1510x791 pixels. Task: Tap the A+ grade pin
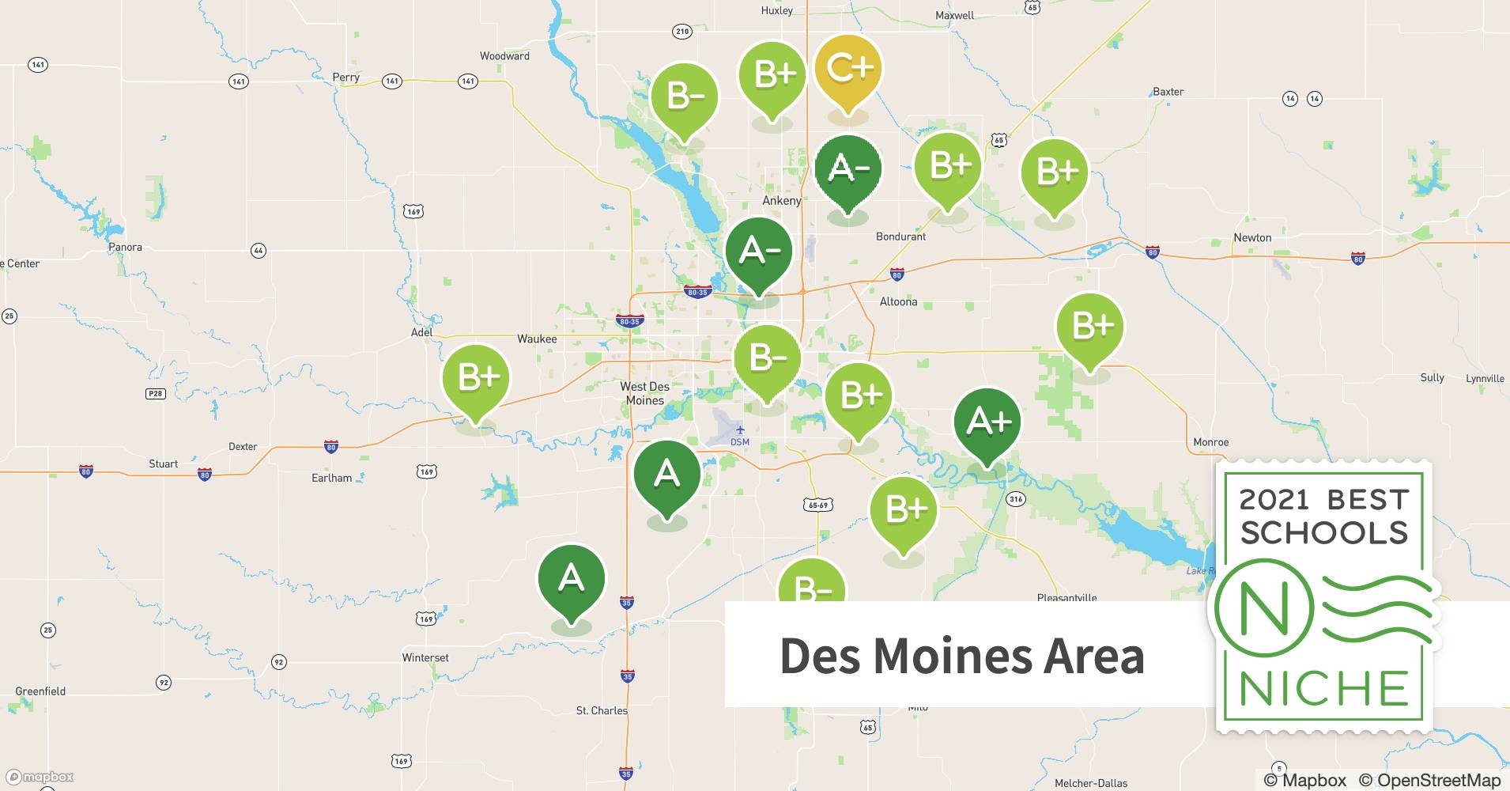tap(987, 422)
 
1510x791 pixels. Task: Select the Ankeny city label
tap(781, 201)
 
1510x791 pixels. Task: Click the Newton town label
tap(1252, 237)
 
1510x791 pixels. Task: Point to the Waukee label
tap(537, 339)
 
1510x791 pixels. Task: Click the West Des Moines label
tap(644, 393)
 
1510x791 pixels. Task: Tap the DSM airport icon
tap(740, 430)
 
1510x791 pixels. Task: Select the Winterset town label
tap(425, 657)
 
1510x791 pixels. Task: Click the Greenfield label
tap(40, 691)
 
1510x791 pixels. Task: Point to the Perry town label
tap(345, 77)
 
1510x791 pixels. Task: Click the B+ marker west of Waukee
tap(476, 379)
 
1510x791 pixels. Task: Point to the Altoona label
tap(898, 301)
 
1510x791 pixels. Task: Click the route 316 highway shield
tap(1016, 499)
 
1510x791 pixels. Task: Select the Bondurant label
tap(900, 237)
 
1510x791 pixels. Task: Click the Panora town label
tap(125, 247)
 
